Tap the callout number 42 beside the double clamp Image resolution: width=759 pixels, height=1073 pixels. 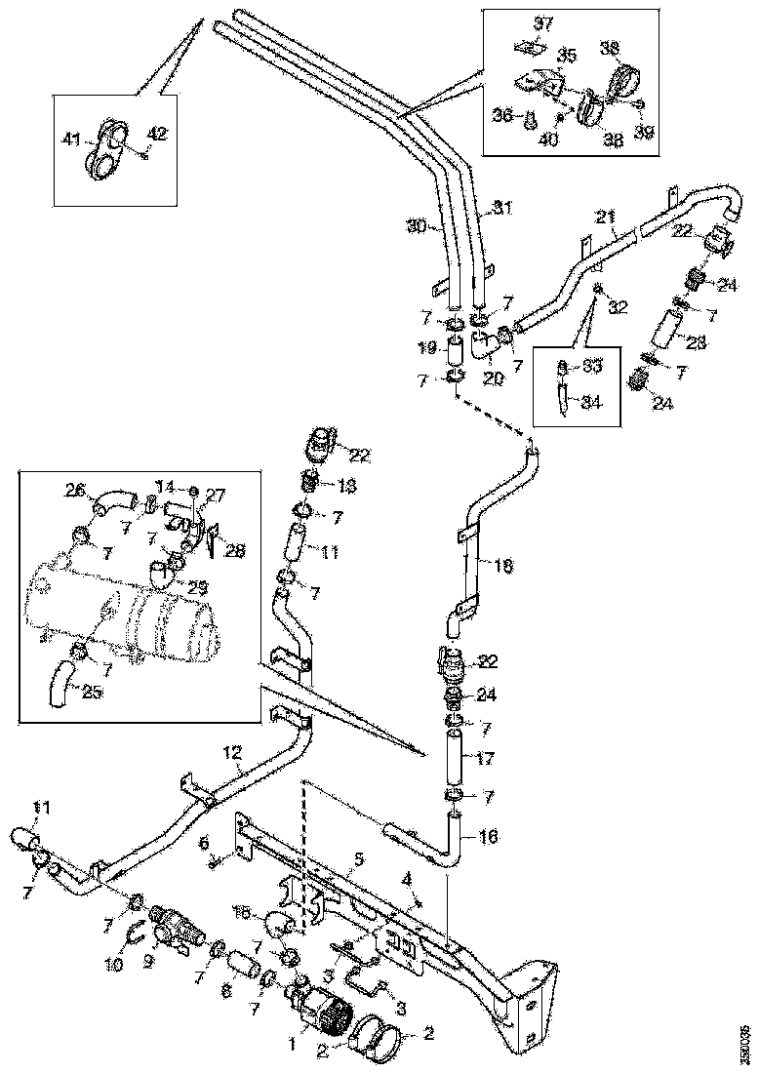pos(157,134)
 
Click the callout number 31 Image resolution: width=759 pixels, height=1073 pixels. pos(500,208)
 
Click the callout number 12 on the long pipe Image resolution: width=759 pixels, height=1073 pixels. pos(231,752)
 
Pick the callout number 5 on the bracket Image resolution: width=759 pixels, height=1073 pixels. pos(359,859)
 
